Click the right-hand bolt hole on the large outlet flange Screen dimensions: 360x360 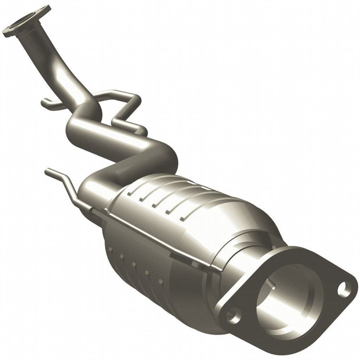344,289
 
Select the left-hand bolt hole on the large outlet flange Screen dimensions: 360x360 233,315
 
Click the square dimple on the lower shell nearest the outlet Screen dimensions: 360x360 161,282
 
